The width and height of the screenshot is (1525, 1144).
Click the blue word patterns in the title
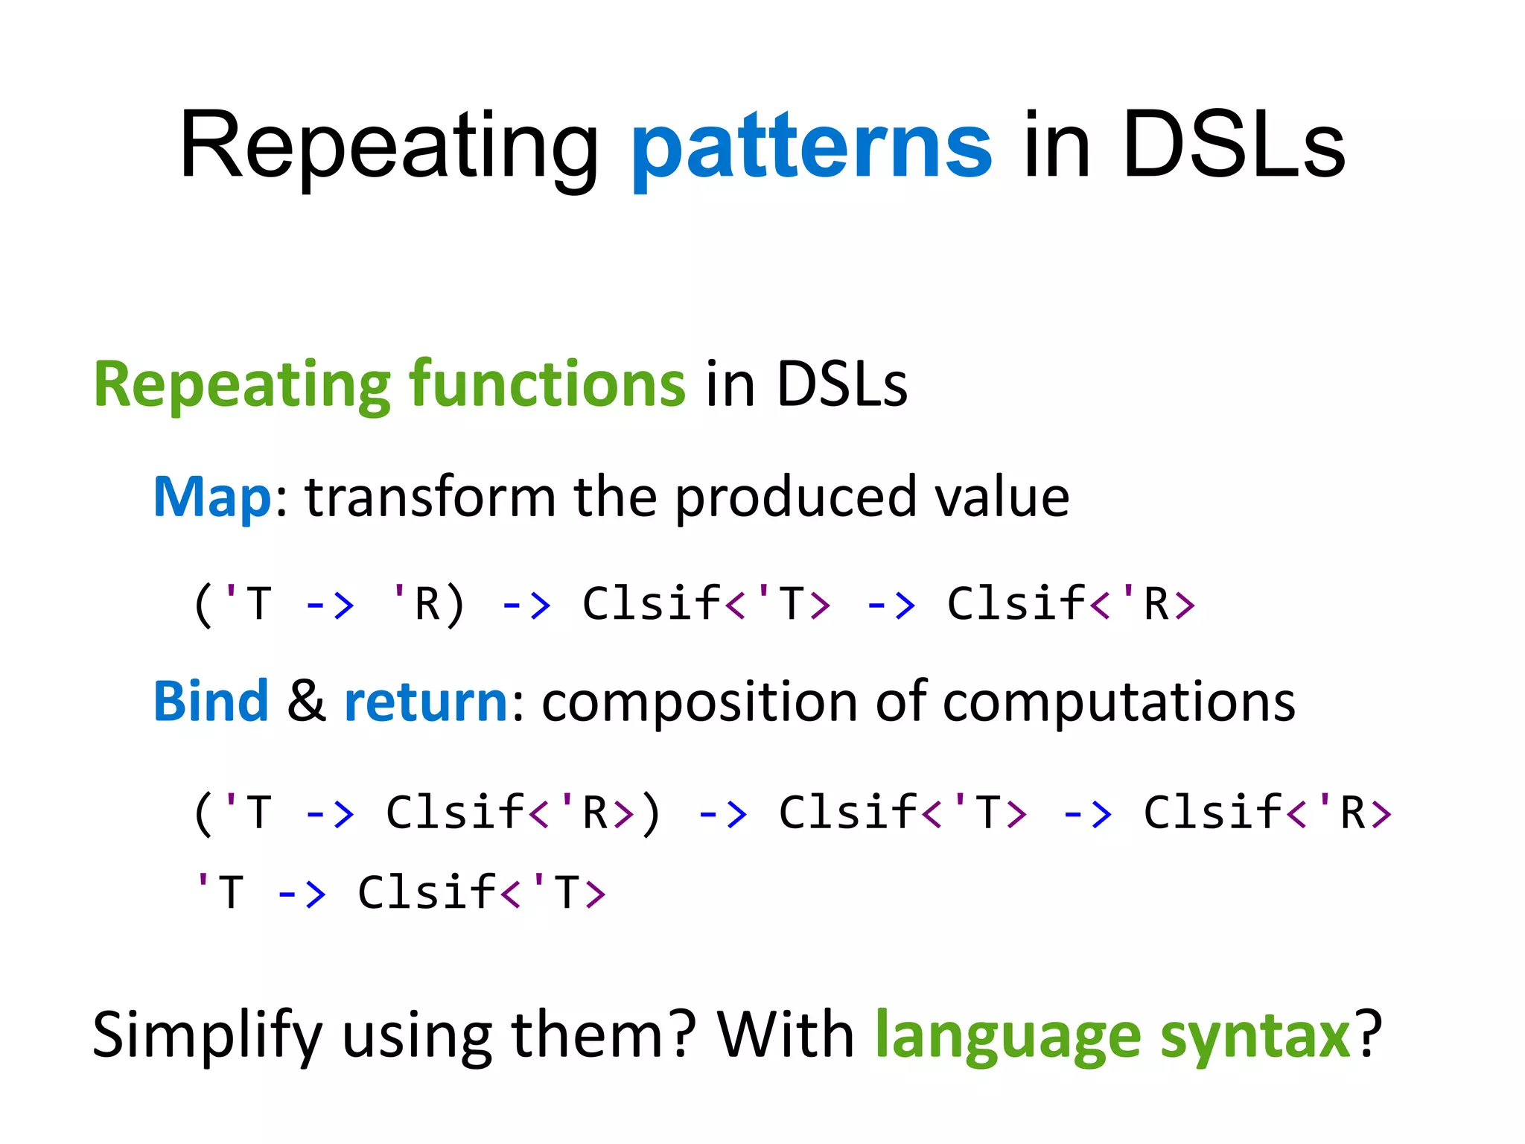click(x=811, y=147)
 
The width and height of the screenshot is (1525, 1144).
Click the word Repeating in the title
click(x=388, y=147)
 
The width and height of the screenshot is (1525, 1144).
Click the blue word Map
click(x=212, y=498)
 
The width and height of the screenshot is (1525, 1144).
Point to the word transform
click(x=430, y=498)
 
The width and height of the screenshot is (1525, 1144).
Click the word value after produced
click(x=1002, y=498)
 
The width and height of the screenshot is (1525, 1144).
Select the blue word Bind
click(x=211, y=702)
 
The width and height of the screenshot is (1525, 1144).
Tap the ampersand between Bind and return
click(x=306, y=702)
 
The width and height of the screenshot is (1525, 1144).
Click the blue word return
click(x=426, y=702)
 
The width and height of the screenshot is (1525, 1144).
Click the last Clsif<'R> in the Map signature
click(x=1071, y=604)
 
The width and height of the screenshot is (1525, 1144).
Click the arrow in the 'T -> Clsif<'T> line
click(x=302, y=892)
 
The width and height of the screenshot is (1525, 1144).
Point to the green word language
click(x=1007, y=1035)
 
